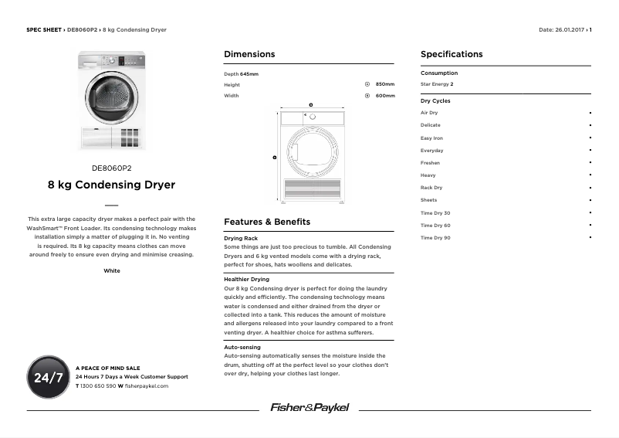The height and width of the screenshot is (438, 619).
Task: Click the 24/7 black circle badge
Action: click(x=48, y=377)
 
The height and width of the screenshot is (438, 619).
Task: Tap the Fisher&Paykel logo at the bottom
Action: click(x=309, y=407)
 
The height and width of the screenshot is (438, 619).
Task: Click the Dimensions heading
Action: click(x=249, y=54)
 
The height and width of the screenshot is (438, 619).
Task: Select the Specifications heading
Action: click(x=452, y=54)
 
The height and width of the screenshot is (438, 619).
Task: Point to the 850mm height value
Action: click(x=384, y=84)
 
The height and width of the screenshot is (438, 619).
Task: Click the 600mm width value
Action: click(x=384, y=96)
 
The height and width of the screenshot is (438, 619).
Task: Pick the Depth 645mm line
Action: click(x=241, y=74)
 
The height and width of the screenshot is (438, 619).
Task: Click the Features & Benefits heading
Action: click(x=266, y=222)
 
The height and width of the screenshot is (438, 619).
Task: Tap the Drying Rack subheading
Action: click(x=240, y=239)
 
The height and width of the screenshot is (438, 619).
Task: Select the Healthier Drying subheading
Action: click(x=246, y=279)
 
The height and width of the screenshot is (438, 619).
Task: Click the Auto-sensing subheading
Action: click(x=242, y=348)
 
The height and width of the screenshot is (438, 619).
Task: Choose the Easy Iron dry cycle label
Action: click(x=431, y=138)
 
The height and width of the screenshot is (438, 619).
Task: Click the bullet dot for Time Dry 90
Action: click(x=590, y=237)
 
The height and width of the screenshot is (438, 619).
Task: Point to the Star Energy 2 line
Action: click(x=437, y=84)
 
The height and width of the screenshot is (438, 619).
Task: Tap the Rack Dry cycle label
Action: click(x=431, y=188)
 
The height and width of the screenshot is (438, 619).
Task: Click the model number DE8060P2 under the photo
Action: click(x=111, y=168)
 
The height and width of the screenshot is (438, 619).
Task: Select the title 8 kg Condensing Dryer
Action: click(x=111, y=185)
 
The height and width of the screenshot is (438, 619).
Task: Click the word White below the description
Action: click(x=111, y=271)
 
